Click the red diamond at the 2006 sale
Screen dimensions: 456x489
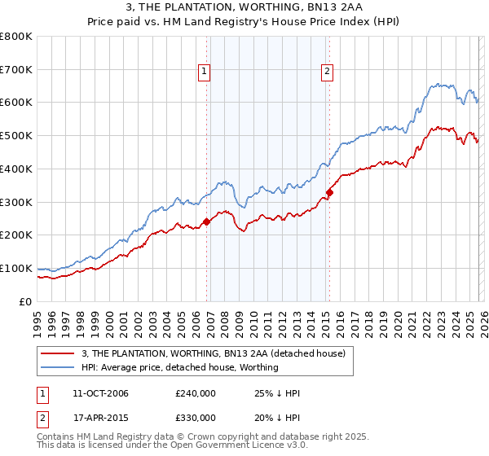click(x=207, y=221)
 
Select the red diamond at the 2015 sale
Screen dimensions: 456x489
click(x=330, y=193)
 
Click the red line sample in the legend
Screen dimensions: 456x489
click(x=59, y=353)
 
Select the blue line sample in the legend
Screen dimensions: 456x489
click(x=59, y=367)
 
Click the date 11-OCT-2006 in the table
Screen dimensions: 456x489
click(x=100, y=393)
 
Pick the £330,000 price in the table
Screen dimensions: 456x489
click(x=196, y=418)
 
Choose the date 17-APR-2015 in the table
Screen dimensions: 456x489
click(x=100, y=418)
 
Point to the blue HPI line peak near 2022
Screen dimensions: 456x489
click(x=438, y=83)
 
